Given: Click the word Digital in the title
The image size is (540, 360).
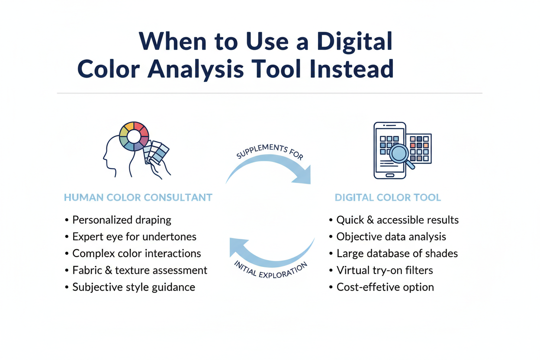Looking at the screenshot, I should (354, 42).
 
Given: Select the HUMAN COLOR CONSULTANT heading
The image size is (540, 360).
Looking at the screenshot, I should (138, 198).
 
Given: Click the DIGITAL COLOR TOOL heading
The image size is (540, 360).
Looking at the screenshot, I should (388, 198).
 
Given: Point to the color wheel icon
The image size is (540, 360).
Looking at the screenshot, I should (134, 136).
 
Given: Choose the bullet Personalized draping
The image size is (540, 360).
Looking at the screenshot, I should (122, 220).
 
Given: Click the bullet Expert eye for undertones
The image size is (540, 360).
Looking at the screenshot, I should (134, 237).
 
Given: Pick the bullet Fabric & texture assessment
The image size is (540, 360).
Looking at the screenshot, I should (139, 270).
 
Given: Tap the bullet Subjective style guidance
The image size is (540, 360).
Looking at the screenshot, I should (133, 287).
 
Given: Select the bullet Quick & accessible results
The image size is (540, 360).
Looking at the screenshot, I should (397, 220).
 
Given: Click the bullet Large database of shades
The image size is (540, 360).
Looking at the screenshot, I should (397, 254).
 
